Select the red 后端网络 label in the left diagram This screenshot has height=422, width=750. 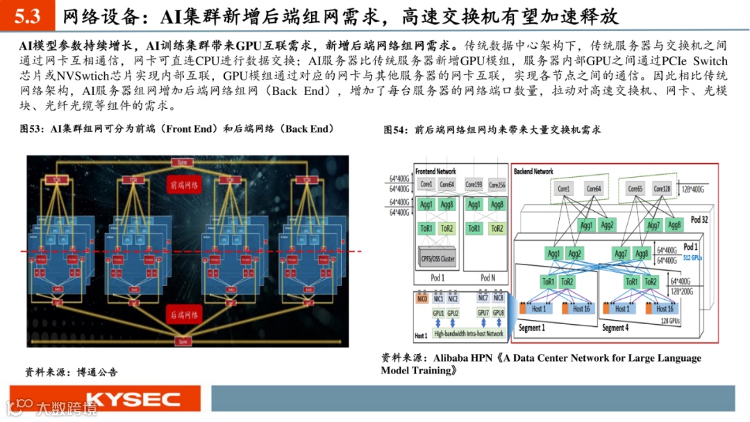point(183,315)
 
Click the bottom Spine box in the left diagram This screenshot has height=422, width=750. point(183,341)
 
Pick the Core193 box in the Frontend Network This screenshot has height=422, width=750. point(474,185)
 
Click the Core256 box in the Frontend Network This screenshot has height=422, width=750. point(497,185)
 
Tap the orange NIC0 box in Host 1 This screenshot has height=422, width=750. point(422,298)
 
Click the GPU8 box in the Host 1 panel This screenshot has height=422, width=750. point(498,313)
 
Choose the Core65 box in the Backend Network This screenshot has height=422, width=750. point(635,189)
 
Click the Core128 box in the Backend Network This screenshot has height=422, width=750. point(662,189)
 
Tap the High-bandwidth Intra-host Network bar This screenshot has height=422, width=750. point(468,334)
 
